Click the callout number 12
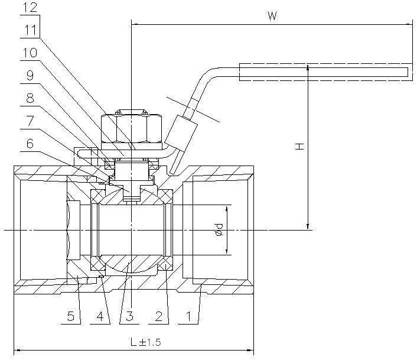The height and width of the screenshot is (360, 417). (x=30, y=8)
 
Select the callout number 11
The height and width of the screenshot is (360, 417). (x=30, y=30)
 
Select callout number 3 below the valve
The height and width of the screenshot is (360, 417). (x=130, y=316)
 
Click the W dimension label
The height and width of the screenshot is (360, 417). (x=271, y=16)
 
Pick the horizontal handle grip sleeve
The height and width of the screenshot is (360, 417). (x=325, y=72)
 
